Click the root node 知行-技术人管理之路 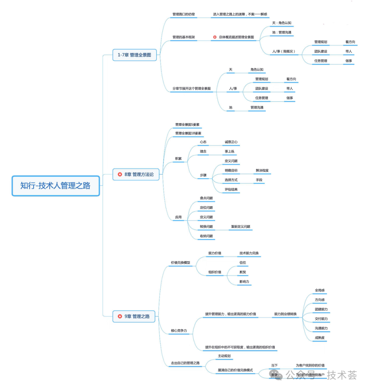click(55, 186)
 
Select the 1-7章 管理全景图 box click(134, 55)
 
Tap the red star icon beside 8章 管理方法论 click(120, 175)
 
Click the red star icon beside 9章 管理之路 click(120, 316)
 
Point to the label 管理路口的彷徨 click(183, 14)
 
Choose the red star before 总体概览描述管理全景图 click(215, 37)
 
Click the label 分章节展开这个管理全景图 click(191, 88)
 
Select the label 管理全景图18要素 click(188, 133)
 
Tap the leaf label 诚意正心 click(231, 142)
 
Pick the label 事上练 click(230, 152)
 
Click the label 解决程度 click(262, 170)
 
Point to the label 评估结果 click(231, 190)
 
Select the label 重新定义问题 click(241, 226)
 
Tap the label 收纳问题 click(206, 236)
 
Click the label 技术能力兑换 click(249, 253)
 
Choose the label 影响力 click(244, 282)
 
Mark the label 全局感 click(320, 290)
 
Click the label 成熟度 click(320, 338)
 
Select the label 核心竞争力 click(179, 331)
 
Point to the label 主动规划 click(224, 356)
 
